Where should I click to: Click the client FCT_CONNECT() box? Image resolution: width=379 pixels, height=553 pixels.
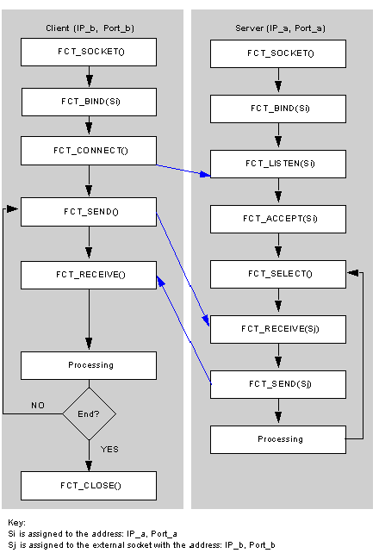tap(89, 151)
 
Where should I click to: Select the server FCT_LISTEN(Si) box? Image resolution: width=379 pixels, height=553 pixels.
tap(278, 164)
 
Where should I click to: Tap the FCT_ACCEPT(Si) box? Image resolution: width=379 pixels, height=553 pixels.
tap(278, 219)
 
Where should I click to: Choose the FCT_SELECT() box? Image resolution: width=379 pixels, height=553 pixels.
tap(278, 274)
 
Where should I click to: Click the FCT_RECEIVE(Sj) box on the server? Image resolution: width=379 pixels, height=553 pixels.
tap(278, 329)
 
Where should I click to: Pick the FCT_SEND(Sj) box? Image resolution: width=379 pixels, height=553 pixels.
tap(278, 384)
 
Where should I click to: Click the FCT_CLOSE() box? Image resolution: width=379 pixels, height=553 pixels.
tap(89, 486)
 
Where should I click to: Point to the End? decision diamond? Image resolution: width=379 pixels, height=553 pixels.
tap(90, 413)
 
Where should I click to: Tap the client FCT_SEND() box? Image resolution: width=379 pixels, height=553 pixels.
tap(89, 212)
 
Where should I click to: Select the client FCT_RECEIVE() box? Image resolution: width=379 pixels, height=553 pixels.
tap(89, 275)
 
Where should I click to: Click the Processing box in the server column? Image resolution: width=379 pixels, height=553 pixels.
tap(278, 439)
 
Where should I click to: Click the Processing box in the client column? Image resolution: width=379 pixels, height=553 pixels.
tap(89, 365)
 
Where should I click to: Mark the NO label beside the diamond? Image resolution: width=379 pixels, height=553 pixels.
tap(38, 405)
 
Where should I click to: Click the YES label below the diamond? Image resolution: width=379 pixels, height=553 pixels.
tap(109, 450)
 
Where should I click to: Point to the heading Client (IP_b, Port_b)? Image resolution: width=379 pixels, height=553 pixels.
tap(90, 28)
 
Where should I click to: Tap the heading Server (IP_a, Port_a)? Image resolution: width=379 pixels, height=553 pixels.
tap(280, 28)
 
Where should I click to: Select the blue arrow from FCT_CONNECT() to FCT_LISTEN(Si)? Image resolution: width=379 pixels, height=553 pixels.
tap(183, 171)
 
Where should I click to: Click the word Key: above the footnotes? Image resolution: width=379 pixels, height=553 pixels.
tap(16, 523)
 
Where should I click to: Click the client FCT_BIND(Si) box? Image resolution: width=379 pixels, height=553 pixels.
tap(89, 102)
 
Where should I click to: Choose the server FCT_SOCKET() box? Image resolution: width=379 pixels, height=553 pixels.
tap(278, 53)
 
